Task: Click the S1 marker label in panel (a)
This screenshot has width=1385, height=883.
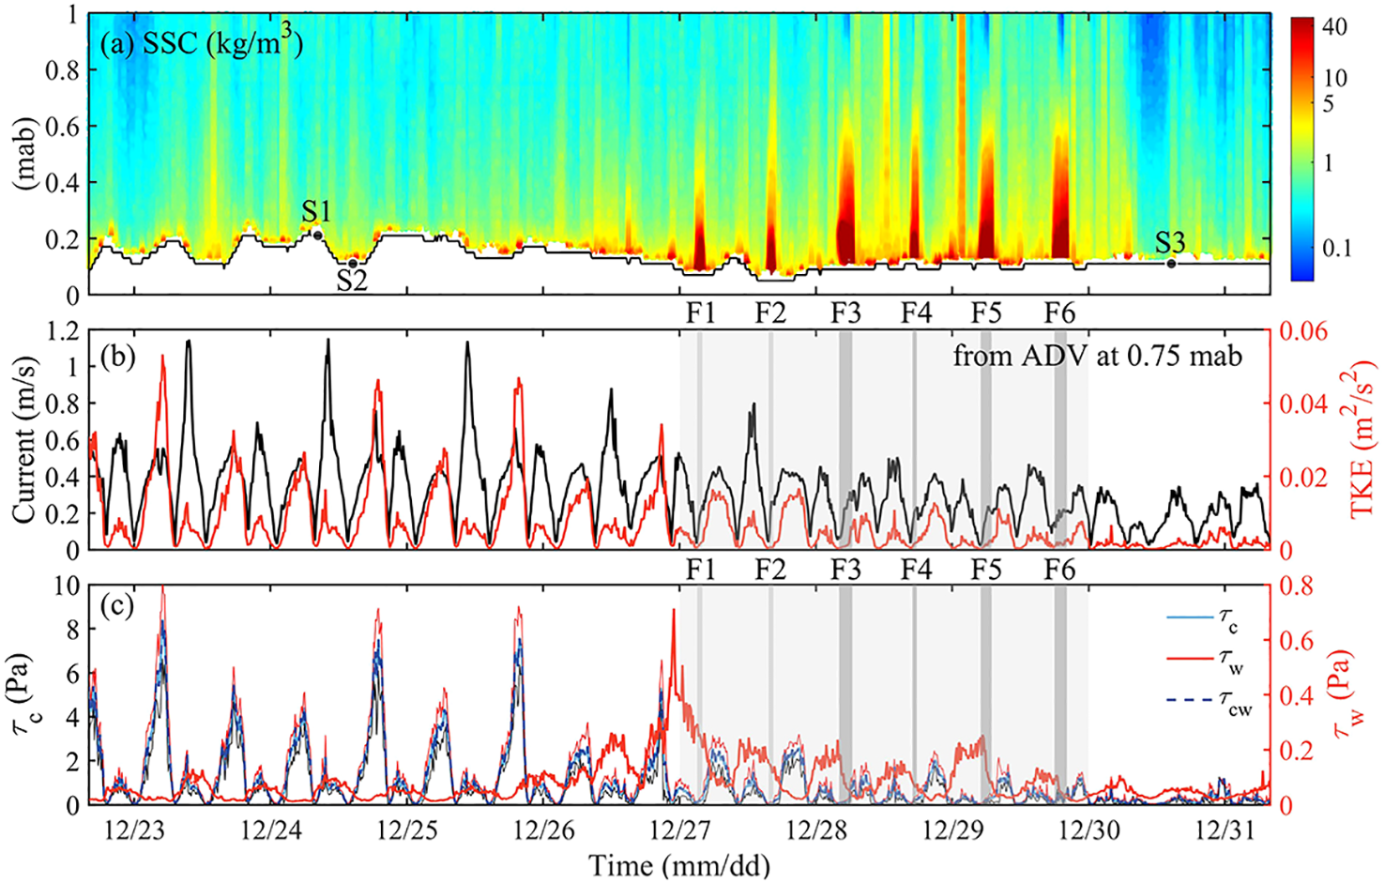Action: click(316, 211)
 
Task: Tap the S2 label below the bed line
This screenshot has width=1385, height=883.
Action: click(352, 281)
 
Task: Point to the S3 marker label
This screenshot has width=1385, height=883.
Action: click(1170, 243)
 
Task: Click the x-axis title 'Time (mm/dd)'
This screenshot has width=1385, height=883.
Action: click(679, 864)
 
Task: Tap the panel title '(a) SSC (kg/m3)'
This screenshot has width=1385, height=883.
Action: click(201, 42)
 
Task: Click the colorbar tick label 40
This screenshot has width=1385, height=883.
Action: click(1333, 26)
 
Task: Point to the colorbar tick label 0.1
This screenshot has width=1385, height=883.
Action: click(1336, 249)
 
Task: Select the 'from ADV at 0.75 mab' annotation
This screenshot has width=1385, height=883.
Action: click(1098, 356)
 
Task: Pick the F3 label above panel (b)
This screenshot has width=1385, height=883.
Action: click(845, 313)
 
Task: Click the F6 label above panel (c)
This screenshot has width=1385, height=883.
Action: click(1060, 570)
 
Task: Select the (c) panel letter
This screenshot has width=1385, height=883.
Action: click(117, 606)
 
